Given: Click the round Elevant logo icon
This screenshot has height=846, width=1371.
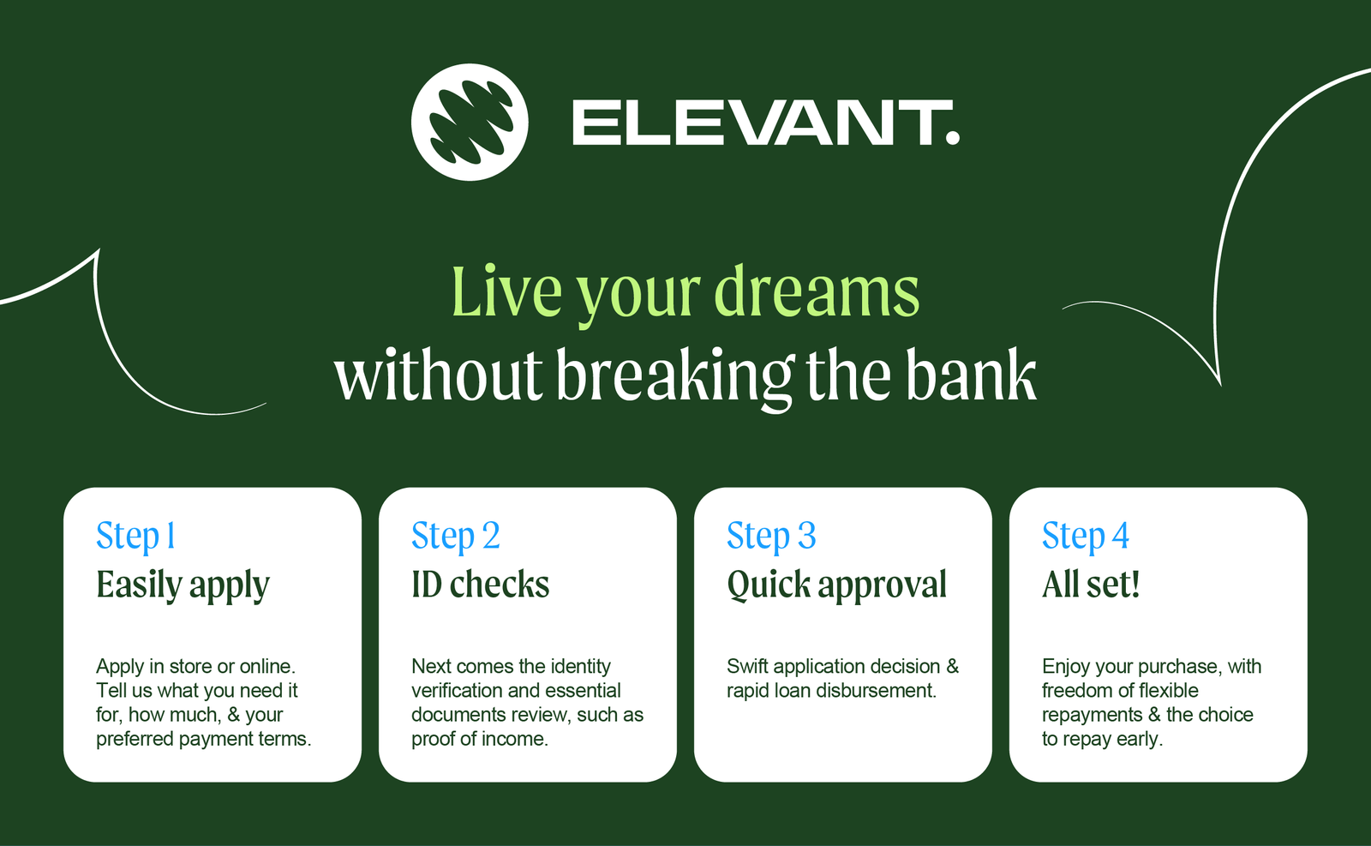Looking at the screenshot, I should tap(470, 122).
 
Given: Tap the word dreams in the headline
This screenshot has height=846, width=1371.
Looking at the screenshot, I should tap(817, 293).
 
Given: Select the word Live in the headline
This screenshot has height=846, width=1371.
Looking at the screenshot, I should tap(506, 293).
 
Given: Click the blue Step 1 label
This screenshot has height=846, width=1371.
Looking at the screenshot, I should tap(136, 536).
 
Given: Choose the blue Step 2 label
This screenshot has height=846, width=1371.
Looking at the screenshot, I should tap(455, 536).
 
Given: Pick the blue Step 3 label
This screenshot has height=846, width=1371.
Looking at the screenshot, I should tap(771, 536).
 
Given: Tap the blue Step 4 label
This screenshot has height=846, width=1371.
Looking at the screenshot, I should tap(1086, 536).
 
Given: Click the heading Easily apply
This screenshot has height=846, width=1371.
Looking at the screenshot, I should tap(183, 585).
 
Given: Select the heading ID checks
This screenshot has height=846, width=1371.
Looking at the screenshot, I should tap(480, 585).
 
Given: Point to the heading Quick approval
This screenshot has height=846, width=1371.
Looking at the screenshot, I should tap(836, 585).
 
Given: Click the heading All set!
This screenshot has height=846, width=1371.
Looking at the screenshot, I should tap(1091, 585).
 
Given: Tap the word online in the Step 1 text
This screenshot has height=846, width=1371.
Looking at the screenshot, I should tap(266, 666).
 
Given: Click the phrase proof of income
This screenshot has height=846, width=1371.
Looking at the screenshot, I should tap(478, 739).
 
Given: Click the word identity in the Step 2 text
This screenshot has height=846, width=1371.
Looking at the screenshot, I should tap(580, 666).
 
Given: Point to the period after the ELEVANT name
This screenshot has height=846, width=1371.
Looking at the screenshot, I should tap(953, 138).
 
